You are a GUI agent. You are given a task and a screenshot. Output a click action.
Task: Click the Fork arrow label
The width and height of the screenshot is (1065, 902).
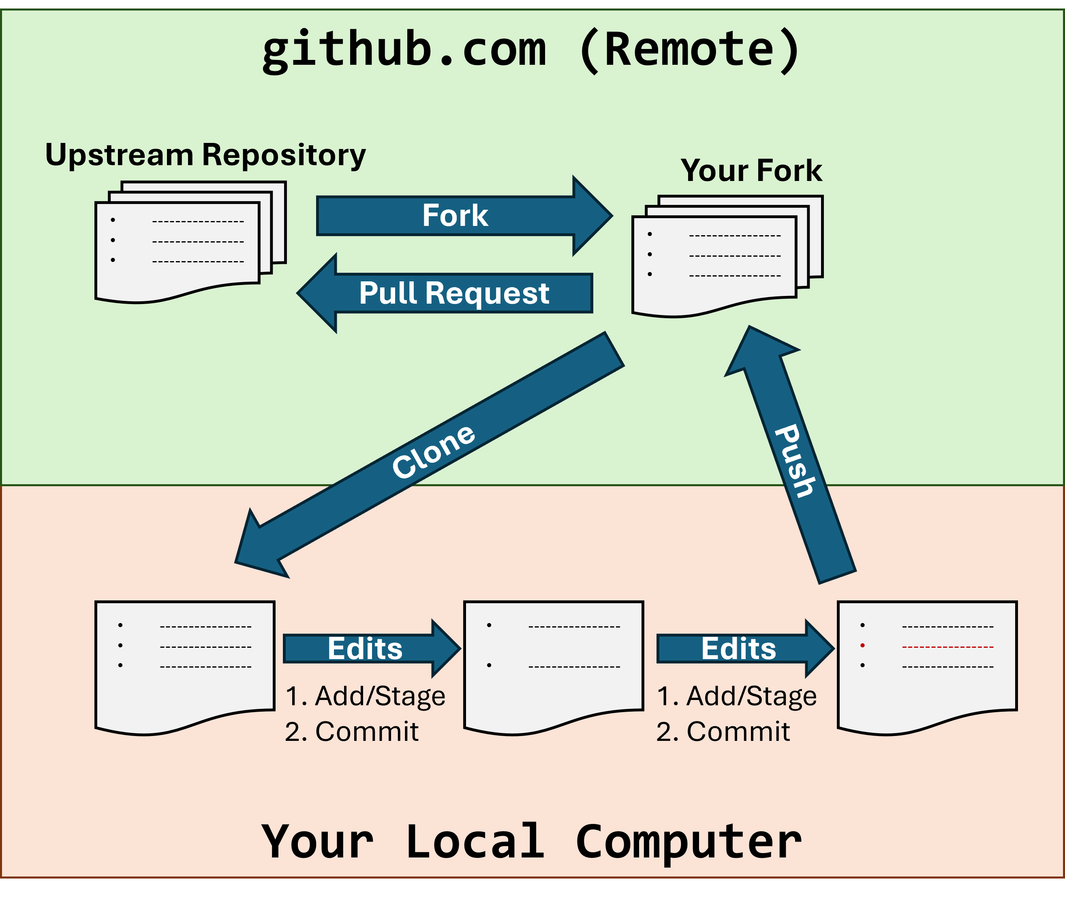[x=455, y=215]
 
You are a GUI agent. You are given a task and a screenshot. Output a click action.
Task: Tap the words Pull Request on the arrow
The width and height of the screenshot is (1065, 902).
[x=454, y=294]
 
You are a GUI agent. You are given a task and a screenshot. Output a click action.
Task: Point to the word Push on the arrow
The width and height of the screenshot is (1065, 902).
[x=794, y=460]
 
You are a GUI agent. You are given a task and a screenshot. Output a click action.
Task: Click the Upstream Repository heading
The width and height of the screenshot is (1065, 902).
[x=205, y=155]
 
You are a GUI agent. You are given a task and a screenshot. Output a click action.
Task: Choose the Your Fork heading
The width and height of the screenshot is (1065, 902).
[x=751, y=170]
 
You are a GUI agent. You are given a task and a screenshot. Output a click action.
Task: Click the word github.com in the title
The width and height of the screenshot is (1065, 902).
[x=404, y=50]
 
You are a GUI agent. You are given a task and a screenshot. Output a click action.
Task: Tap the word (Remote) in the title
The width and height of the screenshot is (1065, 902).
[x=689, y=50]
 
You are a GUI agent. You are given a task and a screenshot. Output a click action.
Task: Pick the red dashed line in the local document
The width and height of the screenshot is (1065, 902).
[x=947, y=647]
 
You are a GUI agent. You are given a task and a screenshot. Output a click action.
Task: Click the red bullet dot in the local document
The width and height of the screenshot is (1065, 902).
[x=862, y=646]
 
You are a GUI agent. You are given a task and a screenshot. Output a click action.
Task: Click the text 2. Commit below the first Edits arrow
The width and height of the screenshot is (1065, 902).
[x=352, y=732]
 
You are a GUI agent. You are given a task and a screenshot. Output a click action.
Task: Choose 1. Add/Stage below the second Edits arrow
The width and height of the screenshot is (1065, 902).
[x=736, y=696]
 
